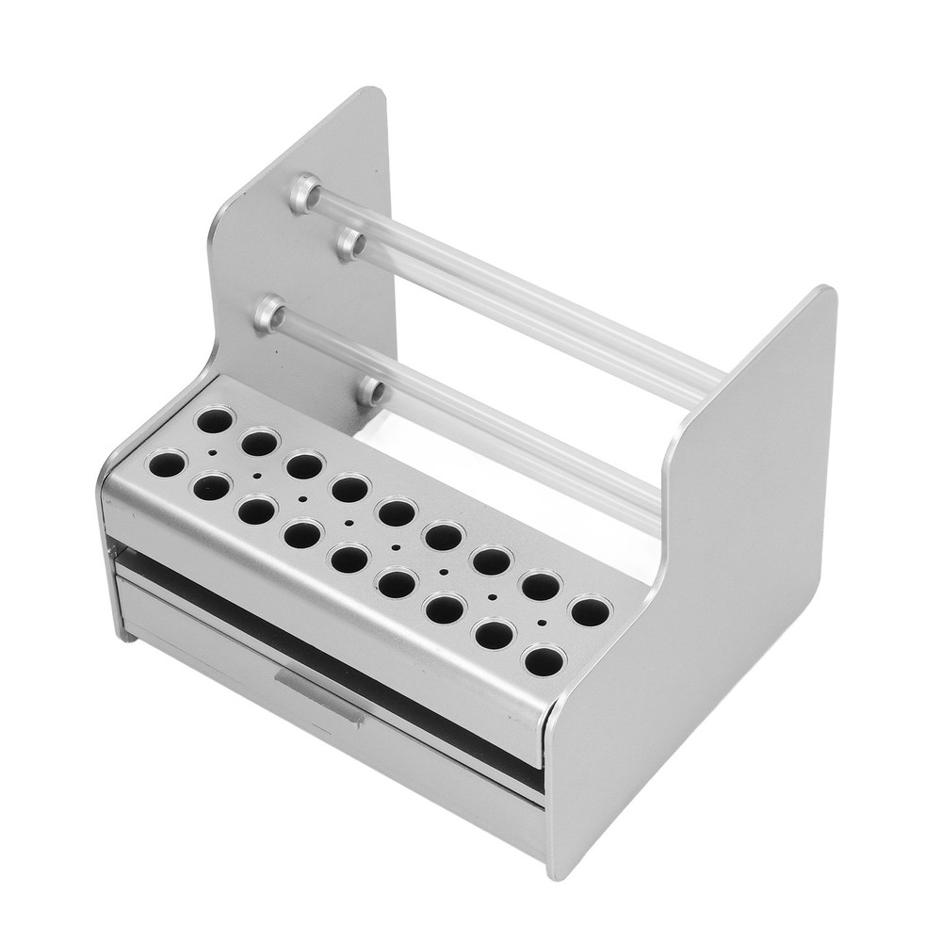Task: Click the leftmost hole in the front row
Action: click(167, 463)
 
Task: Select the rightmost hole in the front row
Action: click(544, 660)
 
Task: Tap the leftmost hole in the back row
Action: click(215, 419)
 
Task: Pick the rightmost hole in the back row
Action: click(591, 611)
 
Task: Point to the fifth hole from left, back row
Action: click(398, 512)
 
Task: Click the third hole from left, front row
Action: click(256, 510)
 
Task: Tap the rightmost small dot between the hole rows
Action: click(541, 623)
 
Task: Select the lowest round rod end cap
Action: click(372, 389)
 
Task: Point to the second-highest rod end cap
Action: click(351, 244)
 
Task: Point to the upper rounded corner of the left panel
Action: click(377, 94)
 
